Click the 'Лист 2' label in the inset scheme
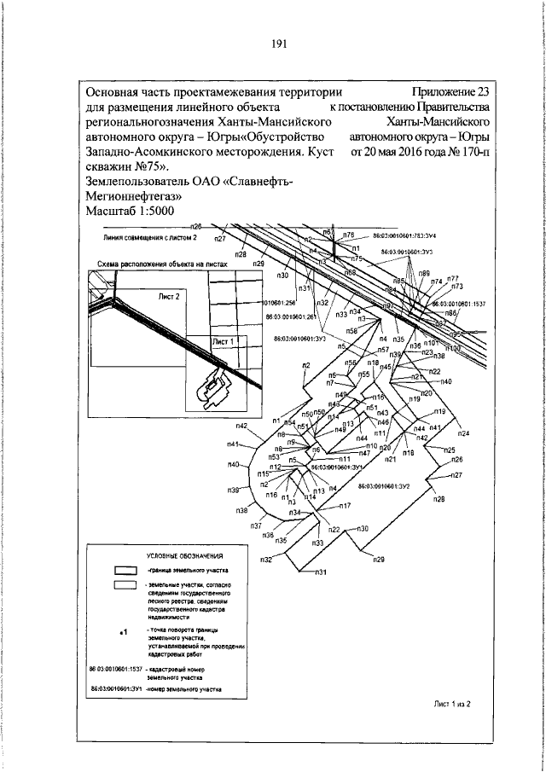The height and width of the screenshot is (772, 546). point(169,297)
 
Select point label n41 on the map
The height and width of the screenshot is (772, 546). point(234,444)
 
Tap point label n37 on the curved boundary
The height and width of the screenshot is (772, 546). point(255,526)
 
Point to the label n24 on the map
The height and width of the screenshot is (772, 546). point(463,433)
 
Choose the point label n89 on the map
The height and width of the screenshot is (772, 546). point(423,272)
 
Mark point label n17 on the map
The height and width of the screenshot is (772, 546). point(346,506)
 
